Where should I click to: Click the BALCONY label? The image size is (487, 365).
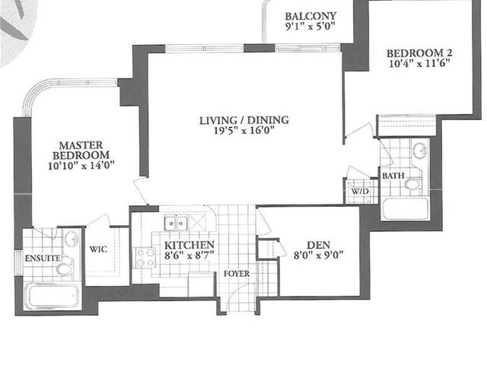[x=310, y=16]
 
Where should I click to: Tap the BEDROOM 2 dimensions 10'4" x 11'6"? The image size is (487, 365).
[x=419, y=64]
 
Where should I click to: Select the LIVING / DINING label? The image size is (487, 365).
[x=244, y=120]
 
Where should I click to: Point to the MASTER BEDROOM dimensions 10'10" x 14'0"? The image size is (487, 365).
[x=81, y=166]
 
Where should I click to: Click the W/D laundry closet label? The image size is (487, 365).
[x=360, y=191]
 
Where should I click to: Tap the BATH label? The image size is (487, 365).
[x=393, y=176]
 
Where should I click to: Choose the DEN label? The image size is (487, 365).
[x=318, y=245]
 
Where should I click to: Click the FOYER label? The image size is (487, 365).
[x=237, y=274]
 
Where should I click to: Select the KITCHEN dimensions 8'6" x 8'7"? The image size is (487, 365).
[x=189, y=255]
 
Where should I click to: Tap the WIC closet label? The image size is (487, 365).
[x=98, y=249]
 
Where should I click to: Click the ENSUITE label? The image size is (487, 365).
[x=43, y=259]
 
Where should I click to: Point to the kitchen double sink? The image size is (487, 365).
[x=176, y=223]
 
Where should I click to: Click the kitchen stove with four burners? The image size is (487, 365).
[x=145, y=258]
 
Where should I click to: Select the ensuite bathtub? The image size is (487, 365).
[x=53, y=296]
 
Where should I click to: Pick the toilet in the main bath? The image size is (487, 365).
[x=414, y=183]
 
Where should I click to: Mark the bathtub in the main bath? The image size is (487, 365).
[x=406, y=208]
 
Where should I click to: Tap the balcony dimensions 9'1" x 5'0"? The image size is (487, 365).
[x=310, y=27]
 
